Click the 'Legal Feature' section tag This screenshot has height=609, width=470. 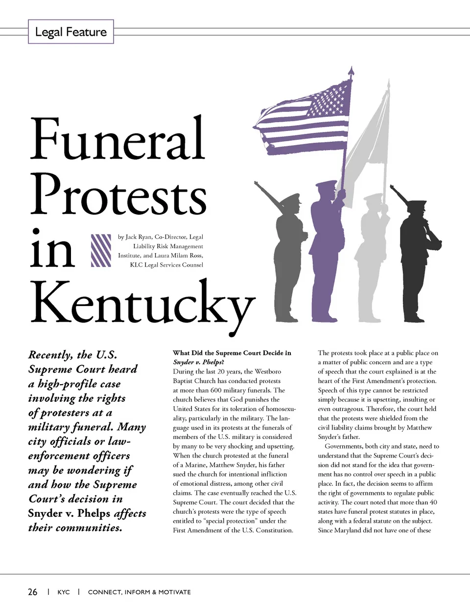click(71, 32)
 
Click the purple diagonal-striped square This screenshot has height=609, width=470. click(101, 250)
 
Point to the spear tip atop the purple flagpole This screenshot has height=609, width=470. click(351, 72)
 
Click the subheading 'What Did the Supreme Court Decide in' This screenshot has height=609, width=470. click(232, 353)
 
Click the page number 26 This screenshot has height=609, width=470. click(32, 592)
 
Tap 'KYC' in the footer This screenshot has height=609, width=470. click(64, 592)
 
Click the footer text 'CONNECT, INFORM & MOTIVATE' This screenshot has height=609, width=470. click(139, 592)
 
